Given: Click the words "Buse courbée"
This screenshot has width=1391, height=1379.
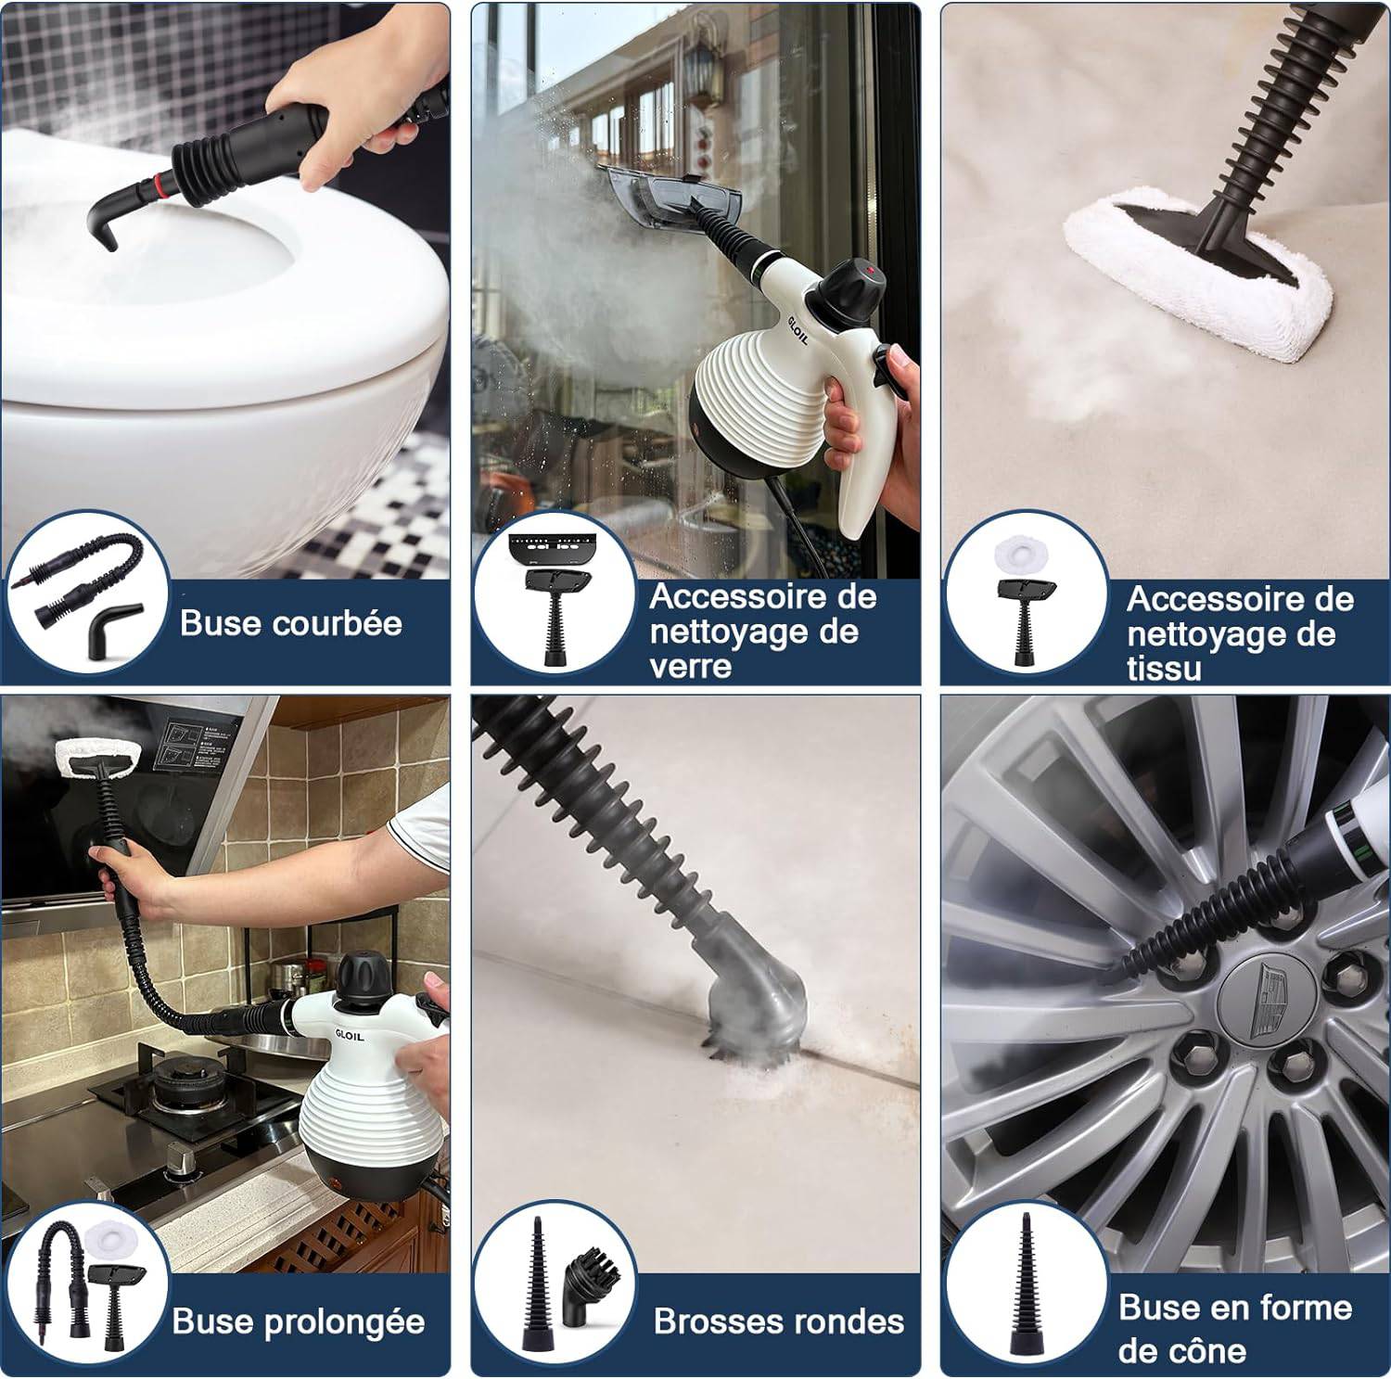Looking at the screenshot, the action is (291, 623).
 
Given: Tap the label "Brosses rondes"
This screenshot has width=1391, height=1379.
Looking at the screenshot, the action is (779, 1321).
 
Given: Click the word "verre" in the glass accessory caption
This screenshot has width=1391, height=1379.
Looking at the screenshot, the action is (691, 667).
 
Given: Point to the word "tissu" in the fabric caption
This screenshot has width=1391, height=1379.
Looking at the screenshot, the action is (1164, 669).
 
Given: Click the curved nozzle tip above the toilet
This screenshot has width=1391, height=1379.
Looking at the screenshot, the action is (104, 223).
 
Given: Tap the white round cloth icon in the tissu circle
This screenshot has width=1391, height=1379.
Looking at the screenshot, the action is (1021, 555).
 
